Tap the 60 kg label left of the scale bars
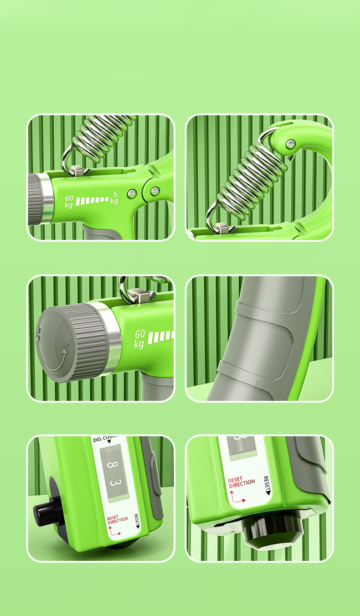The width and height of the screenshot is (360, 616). (x=69, y=201)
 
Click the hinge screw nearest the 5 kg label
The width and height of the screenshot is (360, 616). (x=132, y=194)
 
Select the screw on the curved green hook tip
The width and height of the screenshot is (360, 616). (x=290, y=145)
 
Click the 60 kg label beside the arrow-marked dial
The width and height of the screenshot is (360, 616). (x=139, y=339)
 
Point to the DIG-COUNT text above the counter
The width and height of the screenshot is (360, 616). (x=108, y=440)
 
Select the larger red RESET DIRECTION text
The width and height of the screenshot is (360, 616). (x=242, y=481)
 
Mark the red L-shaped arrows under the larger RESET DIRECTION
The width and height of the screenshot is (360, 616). (x=238, y=497)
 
